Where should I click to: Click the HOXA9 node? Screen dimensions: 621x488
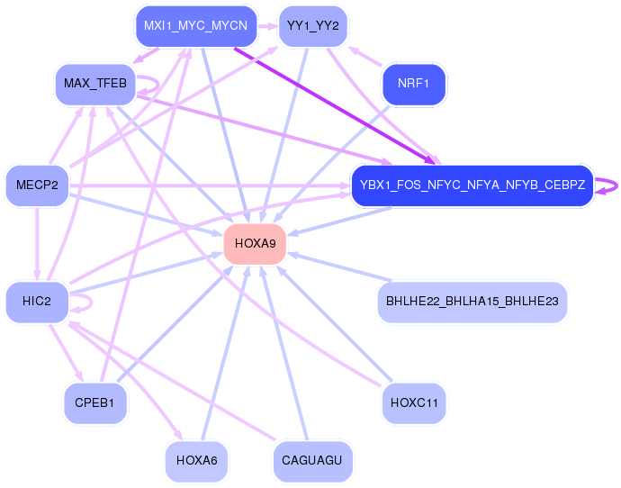(255, 243)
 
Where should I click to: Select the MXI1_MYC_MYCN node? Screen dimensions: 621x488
(196, 25)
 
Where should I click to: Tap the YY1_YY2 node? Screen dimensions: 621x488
(313, 25)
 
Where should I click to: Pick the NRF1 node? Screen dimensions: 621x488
(413, 86)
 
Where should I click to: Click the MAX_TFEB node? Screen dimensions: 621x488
(94, 85)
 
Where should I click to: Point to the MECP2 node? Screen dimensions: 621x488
(37, 185)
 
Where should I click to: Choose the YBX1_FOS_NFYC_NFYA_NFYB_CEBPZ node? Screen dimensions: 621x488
(472, 186)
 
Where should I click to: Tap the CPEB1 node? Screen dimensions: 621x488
(94, 402)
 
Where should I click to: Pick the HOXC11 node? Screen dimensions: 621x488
(413, 402)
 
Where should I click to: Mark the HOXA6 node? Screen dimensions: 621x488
(196, 461)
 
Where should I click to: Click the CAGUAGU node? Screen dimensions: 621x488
(312, 461)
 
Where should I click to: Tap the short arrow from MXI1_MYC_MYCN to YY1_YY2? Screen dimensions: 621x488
(267, 25)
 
